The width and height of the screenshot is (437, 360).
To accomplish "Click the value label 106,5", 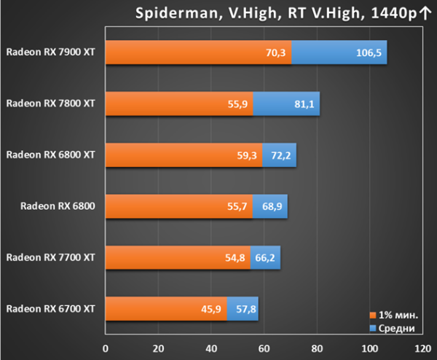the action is click(x=369, y=52).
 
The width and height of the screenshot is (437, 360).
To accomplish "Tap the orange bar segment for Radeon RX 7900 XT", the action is click(x=198, y=52).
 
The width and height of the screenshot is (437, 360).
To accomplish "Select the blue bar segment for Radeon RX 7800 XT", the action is click(x=286, y=103).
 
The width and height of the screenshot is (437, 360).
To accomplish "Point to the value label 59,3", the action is click(x=247, y=155).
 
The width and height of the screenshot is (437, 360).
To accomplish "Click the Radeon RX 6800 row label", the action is click(x=58, y=206).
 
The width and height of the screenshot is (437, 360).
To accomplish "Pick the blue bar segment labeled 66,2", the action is click(x=265, y=258).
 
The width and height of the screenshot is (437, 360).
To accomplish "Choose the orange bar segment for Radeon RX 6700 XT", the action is click(x=166, y=309).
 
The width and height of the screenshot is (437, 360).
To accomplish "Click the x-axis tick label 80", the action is click(x=317, y=348).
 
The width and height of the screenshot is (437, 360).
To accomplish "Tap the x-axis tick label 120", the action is click(x=422, y=348).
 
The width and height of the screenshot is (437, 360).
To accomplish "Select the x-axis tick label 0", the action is click(x=106, y=348).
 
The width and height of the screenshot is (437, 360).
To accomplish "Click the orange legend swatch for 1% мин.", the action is click(x=373, y=315).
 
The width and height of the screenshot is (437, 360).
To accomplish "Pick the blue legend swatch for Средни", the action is click(x=373, y=328).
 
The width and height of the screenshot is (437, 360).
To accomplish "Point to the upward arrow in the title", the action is click(x=425, y=13).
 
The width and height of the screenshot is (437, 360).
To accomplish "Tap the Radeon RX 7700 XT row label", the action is click(x=50, y=257).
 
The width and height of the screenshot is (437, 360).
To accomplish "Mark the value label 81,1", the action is click(x=304, y=104).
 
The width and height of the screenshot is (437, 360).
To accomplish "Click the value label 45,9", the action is click(x=211, y=309).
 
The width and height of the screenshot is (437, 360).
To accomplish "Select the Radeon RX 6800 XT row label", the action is click(x=50, y=154).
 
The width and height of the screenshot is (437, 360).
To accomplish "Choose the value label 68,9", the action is click(x=272, y=206).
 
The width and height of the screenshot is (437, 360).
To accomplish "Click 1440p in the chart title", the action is click(x=394, y=13).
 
